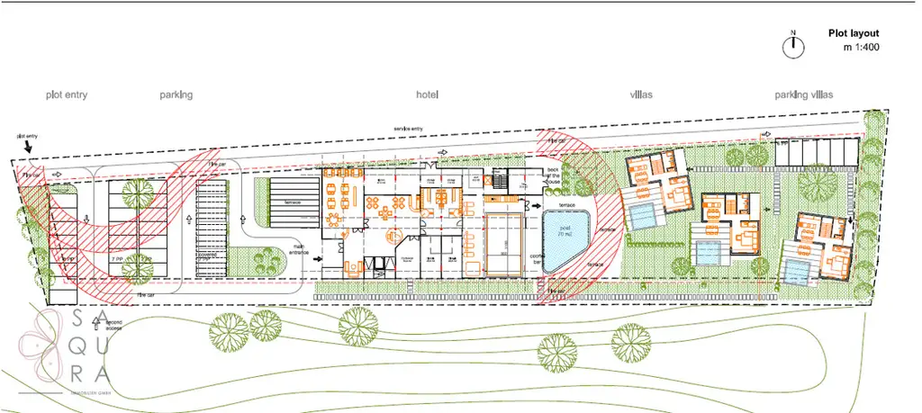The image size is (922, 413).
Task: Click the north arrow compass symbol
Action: (793, 47)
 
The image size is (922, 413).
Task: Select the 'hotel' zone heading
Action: (428, 94)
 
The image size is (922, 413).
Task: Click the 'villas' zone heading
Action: (641, 94)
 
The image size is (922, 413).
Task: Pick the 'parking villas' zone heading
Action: (804, 94)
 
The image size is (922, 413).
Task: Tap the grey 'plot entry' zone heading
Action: (67, 94)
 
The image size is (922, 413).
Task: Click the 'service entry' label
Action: (409, 129)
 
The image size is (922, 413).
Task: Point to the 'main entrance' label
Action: (300, 251)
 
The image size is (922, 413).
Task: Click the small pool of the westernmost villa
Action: (643, 214)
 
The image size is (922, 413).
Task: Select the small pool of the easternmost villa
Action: (797, 272)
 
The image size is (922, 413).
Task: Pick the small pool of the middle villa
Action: (710, 253)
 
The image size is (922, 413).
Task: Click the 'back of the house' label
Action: (553, 175)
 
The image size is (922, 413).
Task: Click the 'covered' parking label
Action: (209, 257)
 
